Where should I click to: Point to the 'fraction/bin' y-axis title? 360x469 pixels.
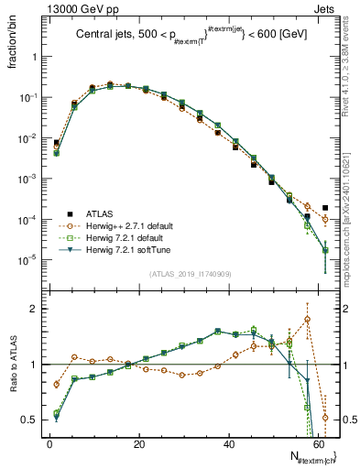coord(13,50)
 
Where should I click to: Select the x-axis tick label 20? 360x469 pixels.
coord(138,443)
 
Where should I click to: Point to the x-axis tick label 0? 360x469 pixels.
coord(49,443)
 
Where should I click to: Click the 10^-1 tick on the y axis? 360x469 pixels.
coord(30,97)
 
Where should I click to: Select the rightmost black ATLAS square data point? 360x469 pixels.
coord(325,208)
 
